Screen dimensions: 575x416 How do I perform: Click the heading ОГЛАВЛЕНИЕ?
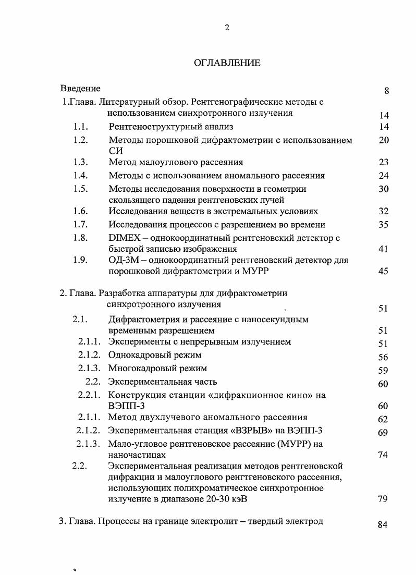point(227,63)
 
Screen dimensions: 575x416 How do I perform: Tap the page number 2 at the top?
point(227,28)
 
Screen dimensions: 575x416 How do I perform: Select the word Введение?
point(80,88)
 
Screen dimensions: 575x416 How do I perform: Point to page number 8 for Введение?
point(386,91)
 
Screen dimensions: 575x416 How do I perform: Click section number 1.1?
point(81,127)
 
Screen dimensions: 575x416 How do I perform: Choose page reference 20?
point(384,140)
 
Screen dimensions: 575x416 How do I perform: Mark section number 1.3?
point(81,162)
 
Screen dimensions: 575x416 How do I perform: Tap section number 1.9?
point(81,260)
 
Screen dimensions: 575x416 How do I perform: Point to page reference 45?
point(384,272)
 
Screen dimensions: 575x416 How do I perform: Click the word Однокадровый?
point(137,355)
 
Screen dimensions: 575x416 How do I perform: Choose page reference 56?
point(383,358)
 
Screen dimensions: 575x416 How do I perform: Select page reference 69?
point(383,433)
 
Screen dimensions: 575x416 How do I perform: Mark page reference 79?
point(383,499)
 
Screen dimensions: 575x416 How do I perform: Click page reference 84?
point(383,525)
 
